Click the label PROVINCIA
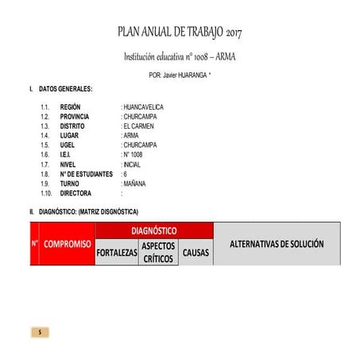coord(75,116)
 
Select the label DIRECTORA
coord(75,193)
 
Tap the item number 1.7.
coord(45,165)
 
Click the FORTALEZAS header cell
coord(117,253)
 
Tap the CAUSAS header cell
coord(195,253)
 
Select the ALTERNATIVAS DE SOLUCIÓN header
coord(277,243)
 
